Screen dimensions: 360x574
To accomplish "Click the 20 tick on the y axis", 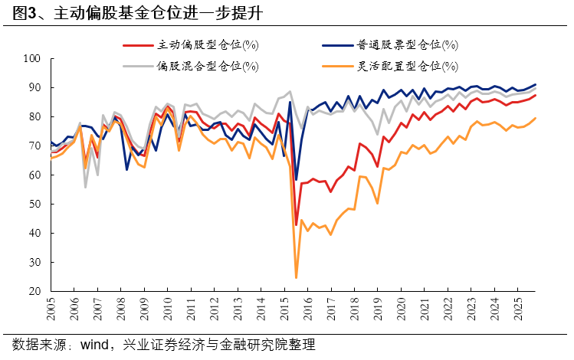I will pyautogui.click(x=35, y=292).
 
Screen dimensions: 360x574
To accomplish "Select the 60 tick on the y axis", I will pyautogui.click(x=35, y=175).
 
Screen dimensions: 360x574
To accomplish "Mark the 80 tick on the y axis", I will pyautogui.click(x=35, y=116).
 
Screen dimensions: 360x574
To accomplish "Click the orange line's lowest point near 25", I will pyautogui.click(x=296, y=277).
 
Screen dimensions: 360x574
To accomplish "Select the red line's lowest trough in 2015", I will pyautogui.click(x=296, y=224).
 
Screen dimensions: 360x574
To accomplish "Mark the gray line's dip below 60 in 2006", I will pyautogui.click(x=85, y=187).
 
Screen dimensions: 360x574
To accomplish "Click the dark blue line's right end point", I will pyautogui.click(x=536, y=84).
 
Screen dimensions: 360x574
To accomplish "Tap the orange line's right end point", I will pyautogui.click(x=536, y=118).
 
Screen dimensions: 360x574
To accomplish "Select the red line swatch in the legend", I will pyautogui.click(x=138, y=45).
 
